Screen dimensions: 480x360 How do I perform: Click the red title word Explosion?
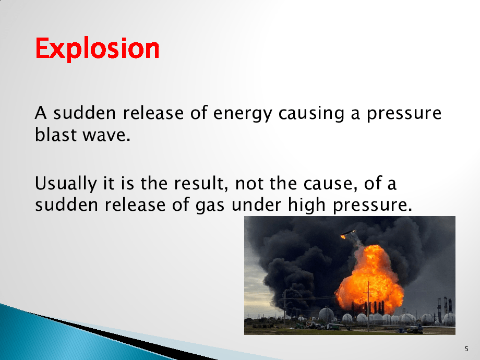[x=98, y=49]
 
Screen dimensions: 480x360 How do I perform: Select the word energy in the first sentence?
[x=243, y=114]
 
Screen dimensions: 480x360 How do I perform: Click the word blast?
[x=56, y=134]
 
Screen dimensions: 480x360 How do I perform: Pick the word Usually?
[x=66, y=184]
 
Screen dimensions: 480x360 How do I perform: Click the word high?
[x=306, y=205]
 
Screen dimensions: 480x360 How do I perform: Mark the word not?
[x=249, y=184]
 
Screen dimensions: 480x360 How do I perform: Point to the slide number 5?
[x=466, y=349]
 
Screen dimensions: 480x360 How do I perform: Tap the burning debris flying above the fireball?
[x=349, y=234]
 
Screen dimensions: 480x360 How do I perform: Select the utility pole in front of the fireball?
[x=368, y=306]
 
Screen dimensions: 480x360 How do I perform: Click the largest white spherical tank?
[x=326, y=315]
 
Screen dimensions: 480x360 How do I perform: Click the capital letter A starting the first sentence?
[x=41, y=113]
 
